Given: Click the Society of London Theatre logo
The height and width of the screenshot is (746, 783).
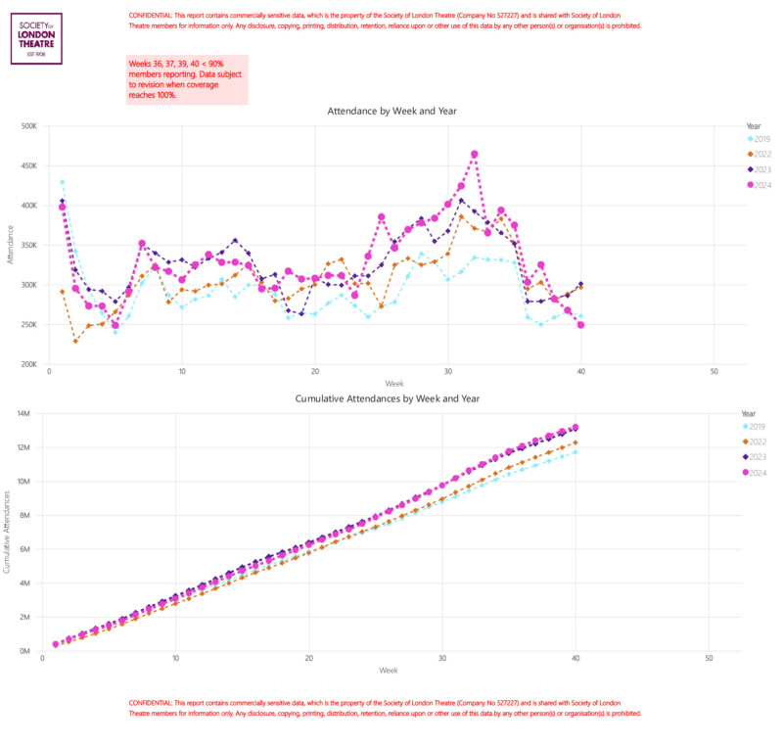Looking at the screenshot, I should point(36,39).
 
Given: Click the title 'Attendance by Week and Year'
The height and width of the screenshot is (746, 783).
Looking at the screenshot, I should point(391,112).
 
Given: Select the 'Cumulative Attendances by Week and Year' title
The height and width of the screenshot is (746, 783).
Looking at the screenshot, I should point(391,399).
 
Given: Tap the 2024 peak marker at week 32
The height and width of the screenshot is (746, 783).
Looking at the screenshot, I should point(475,155).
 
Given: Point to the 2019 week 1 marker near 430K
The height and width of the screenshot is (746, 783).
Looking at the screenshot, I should point(62,182).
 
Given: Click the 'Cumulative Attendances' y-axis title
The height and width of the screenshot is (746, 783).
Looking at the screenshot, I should point(8,533).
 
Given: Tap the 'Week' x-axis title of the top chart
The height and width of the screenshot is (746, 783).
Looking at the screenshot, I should point(392,384).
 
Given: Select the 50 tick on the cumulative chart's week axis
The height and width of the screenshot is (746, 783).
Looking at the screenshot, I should point(709,659).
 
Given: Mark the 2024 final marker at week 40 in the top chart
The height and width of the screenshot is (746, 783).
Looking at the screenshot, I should point(580,325).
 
